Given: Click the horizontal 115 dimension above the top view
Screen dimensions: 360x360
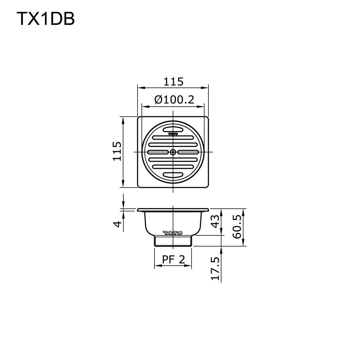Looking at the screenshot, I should coord(174,82).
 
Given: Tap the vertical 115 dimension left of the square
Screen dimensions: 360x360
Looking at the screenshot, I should coord(117,151).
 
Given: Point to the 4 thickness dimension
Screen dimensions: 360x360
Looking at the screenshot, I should coord(117,224).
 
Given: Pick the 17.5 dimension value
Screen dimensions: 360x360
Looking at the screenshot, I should coord(215,268).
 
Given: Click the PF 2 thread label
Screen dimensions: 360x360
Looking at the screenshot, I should coord(173,259).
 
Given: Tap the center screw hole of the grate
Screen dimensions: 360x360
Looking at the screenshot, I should coord(173,152).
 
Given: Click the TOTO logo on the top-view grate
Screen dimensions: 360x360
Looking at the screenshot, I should coord(173,134).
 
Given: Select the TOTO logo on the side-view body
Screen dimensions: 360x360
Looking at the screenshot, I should coord(173,233).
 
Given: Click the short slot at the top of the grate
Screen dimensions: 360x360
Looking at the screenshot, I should coord(173,129).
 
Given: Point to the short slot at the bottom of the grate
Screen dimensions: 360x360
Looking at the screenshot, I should coord(173,175).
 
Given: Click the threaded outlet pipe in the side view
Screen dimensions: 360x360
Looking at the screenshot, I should coord(173,241).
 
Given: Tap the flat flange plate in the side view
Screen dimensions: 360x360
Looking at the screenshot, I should coord(173,210).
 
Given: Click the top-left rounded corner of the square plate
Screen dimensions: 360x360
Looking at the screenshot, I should coord(139,118).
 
